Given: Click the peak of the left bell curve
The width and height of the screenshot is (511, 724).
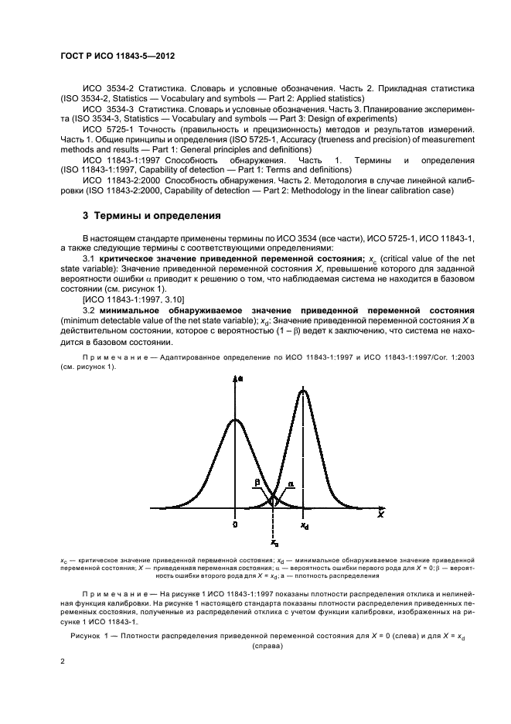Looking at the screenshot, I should (x=235, y=421).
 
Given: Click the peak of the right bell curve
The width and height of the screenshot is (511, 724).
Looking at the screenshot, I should (x=303, y=390).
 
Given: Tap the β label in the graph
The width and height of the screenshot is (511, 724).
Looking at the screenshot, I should (x=257, y=483).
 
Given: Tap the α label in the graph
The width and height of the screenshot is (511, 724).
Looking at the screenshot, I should (x=291, y=483).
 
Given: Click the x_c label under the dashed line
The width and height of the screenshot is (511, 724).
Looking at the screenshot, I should (x=274, y=544).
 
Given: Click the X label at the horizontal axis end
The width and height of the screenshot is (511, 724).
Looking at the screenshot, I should (x=380, y=514).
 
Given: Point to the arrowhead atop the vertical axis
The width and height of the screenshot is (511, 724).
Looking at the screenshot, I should (x=235, y=377).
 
